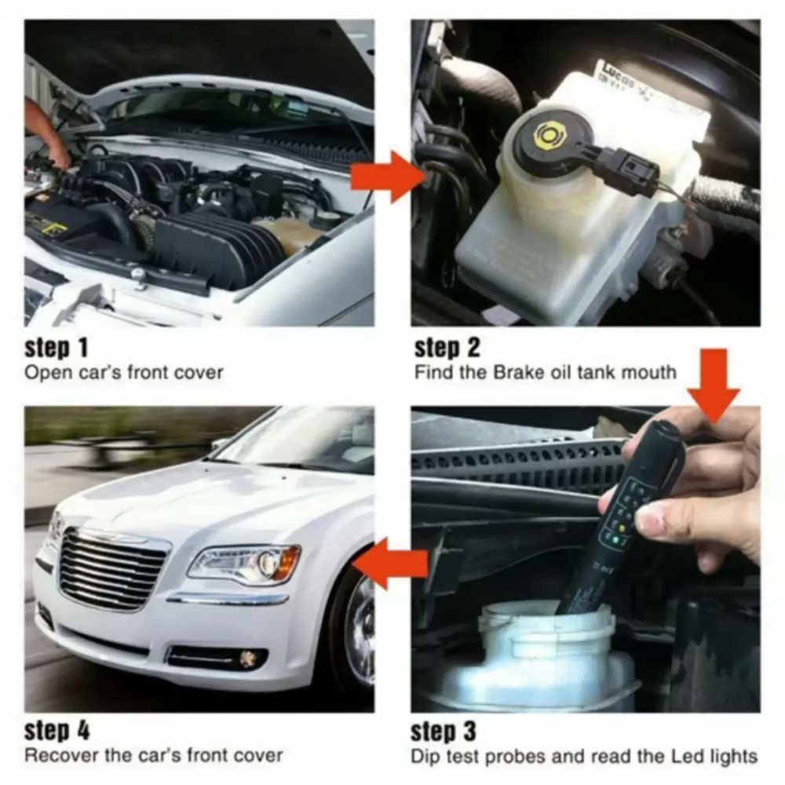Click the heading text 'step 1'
57,346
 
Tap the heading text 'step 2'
447,346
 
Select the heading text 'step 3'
444,732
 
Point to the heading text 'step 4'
57,732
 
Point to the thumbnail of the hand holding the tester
675,487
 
